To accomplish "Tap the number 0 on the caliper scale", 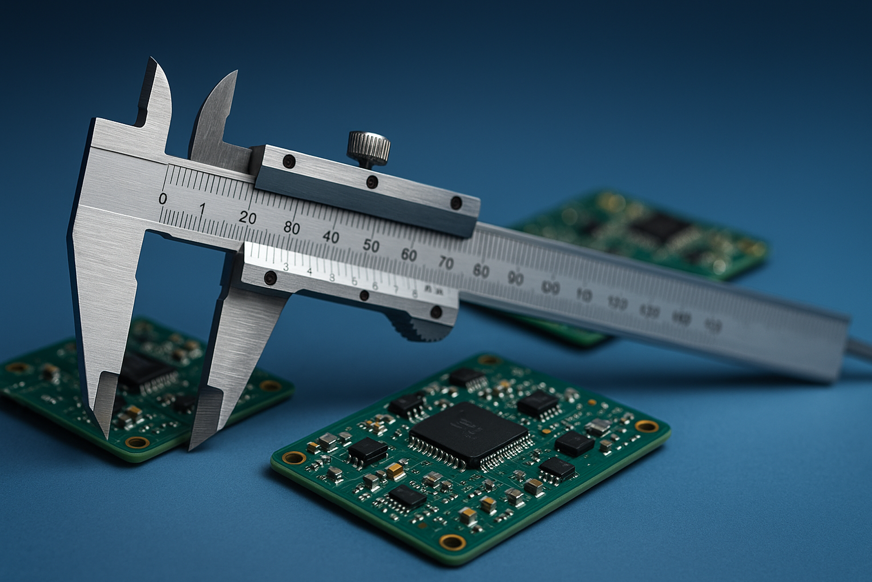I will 163,199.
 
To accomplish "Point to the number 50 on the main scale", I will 371,246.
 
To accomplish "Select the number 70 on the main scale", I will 446,263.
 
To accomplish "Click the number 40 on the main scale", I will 331,237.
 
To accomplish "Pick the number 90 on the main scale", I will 515,278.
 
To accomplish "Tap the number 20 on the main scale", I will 248,218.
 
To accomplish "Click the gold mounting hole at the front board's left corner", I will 294,457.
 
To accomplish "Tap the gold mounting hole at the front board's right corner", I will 646,426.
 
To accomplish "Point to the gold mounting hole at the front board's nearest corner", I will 452,541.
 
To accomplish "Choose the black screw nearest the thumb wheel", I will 436,312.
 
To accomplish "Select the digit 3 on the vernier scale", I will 286,267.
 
